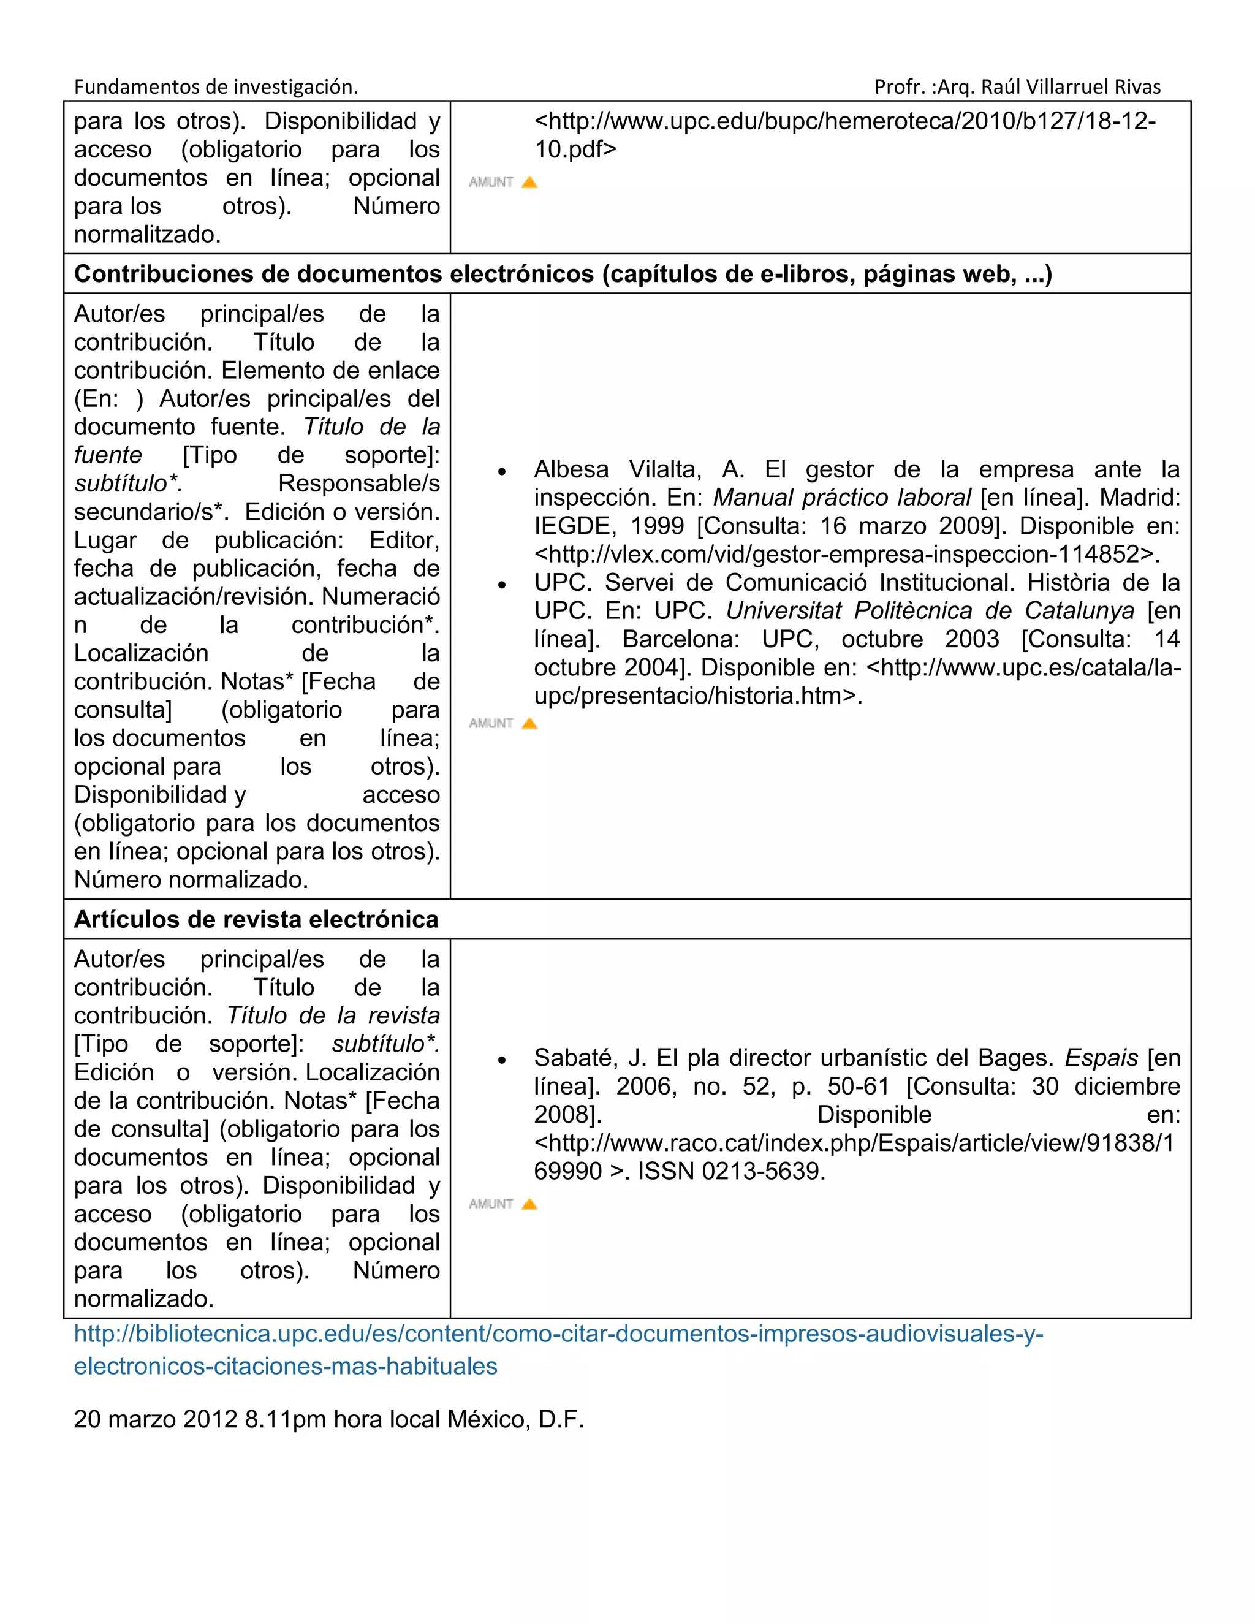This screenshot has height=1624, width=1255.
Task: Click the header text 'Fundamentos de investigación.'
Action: [x=216, y=87]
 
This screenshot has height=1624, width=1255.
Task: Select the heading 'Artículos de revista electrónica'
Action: [x=256, y=919]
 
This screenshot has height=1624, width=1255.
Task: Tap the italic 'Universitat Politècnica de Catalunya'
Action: [x=930, y=610]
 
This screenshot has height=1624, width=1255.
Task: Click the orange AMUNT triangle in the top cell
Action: [x=529, y=182]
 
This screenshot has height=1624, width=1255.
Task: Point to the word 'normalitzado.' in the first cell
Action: [x=147, y=234]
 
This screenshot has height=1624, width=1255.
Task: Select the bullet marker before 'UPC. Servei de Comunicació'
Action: [x=502, y=585]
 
